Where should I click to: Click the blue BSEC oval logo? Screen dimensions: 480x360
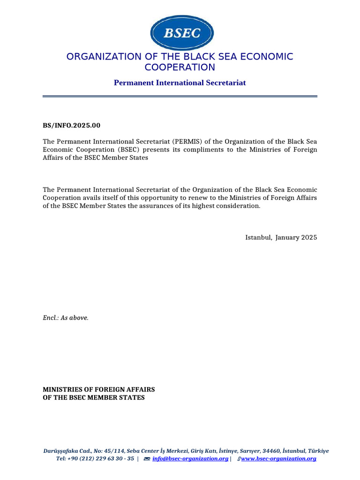pos(182,33)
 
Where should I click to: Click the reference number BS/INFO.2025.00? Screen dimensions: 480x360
pos(72,126)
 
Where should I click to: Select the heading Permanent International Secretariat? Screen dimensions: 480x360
pos(180,83)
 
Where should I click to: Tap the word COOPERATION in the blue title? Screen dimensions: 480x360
pos(180,67)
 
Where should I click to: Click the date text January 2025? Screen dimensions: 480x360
pos(296,237)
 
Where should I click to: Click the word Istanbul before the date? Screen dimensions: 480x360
pos(258,237)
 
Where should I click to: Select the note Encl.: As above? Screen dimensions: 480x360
pos(66,318)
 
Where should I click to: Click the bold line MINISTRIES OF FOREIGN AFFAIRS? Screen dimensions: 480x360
pos(99,390)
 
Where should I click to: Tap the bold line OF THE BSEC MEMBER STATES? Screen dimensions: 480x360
pos(94,397)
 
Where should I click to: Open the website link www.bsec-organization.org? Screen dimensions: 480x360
pos(278,458)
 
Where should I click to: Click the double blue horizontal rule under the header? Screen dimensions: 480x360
pos(180,97)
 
